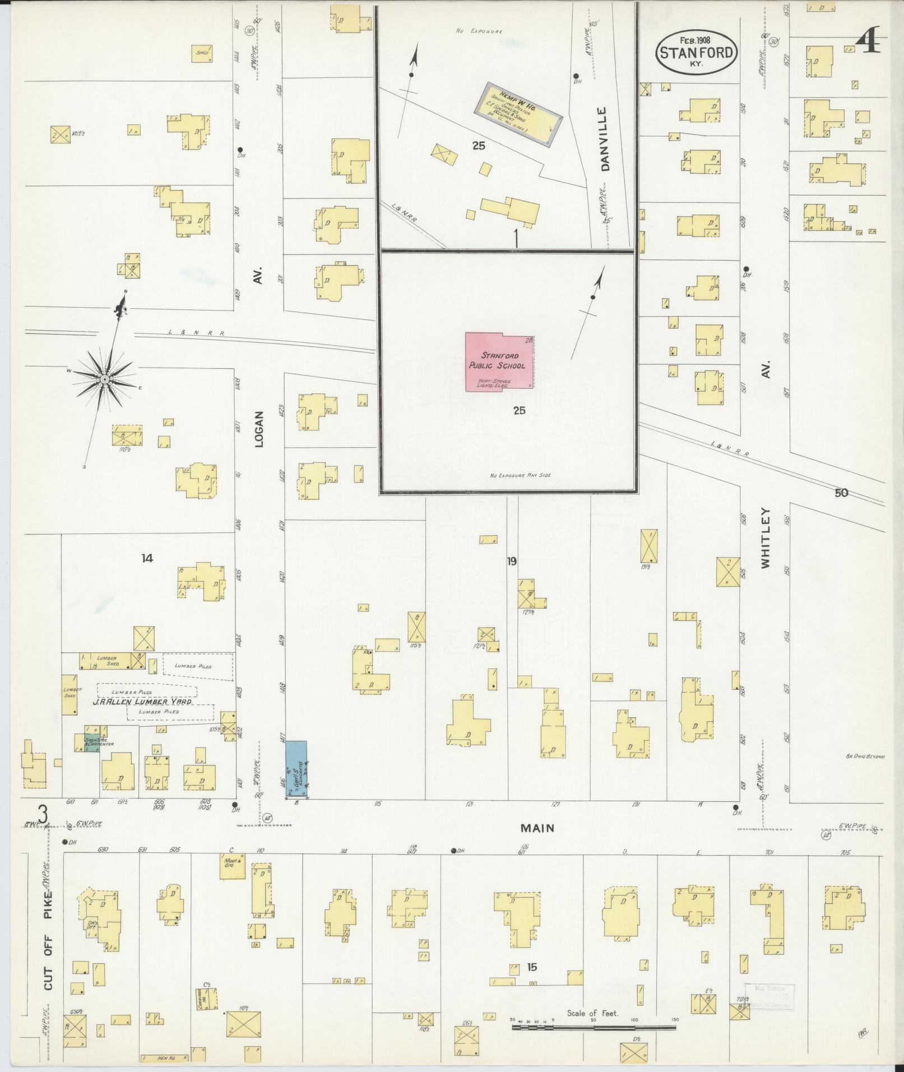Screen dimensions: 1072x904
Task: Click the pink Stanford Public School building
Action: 499,362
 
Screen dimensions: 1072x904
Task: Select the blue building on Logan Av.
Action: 296,768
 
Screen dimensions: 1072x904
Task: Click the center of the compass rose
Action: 104,380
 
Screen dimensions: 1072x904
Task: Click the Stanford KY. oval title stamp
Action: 697,52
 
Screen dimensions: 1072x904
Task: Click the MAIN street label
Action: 537,828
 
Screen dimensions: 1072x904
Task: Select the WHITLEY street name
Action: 766,538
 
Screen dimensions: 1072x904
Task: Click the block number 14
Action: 147,558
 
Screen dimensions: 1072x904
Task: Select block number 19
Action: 511,560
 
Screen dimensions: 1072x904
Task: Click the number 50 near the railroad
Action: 841,493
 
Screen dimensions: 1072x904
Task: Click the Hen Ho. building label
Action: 164,1057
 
